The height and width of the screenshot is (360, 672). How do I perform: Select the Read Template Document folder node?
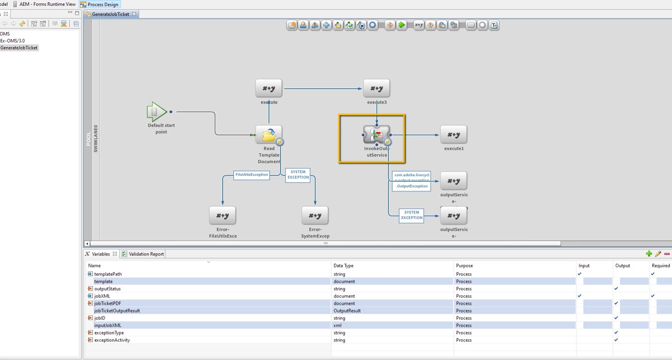coord(269,135)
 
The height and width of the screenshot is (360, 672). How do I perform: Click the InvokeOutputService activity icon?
coord(376,135)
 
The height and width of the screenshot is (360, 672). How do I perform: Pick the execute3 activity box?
coord(376,89)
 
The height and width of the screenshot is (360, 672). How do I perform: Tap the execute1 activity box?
coord(454,135)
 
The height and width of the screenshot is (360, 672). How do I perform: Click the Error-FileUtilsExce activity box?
coord(222,215)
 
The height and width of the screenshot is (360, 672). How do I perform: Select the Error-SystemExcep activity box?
coord(315,215)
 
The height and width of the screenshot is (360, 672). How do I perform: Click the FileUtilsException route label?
coord(252,175)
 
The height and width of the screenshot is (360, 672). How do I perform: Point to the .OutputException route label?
coord(412,187)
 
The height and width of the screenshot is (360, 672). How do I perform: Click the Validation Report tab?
coord(146,254)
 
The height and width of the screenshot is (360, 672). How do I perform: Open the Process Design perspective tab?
coord(102,5)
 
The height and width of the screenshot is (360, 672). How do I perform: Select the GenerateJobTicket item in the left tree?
coord(19,48)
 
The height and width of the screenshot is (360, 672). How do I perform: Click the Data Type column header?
coord(343,266)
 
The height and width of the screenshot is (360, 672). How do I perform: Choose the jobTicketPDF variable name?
coord(108,303)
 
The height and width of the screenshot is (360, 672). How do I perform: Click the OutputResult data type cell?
coord(347,311)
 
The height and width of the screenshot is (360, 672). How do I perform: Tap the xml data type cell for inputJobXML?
coord(338,325)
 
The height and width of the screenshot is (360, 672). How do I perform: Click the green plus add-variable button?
coord(649,254)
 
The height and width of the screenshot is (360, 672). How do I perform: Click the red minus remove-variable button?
coord(667,254)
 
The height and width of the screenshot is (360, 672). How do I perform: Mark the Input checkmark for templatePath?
coord(580,274)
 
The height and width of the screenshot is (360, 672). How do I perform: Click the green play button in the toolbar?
coord(402,25)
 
